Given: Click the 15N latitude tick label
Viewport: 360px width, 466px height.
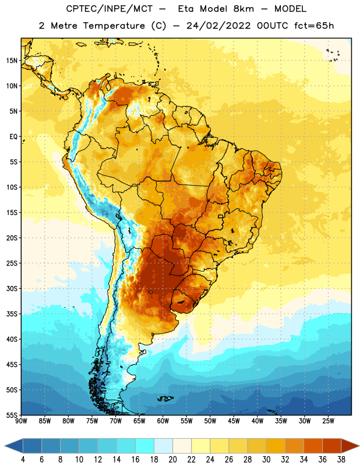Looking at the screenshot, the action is click(x=12, y=61).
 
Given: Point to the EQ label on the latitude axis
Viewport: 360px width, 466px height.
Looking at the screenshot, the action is click(x=13, y=137).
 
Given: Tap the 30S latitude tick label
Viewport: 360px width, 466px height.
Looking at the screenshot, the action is click(x=12, y=288).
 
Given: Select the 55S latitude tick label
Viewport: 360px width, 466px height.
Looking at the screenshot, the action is click(x=12, y=415).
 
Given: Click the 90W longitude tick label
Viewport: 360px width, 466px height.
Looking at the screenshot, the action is click(x=21, y=421).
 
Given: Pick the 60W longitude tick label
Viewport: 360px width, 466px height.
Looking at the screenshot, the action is click(x=163, y=421).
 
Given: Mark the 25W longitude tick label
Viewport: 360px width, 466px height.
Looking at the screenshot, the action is click(x=328, y=421).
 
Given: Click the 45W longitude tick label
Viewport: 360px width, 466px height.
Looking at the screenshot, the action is click(x=234, y=421).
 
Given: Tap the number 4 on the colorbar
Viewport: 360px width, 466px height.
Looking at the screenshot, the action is click(x=23, y=460).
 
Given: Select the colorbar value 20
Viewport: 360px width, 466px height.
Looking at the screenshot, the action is click(x=172, y=460).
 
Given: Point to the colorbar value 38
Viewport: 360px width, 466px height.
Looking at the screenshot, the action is click(x=341, y=460).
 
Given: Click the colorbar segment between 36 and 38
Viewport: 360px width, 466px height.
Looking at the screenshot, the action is click(x=332, y=446).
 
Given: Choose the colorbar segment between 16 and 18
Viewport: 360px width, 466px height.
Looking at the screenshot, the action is click(x=145, y=446).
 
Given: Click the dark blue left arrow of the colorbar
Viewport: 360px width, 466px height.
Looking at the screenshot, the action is click(x=13, y=446).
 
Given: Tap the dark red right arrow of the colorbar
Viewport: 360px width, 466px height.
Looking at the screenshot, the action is click(x=350, y=446).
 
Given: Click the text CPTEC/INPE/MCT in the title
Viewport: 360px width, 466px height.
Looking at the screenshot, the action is click(x=109, y=9).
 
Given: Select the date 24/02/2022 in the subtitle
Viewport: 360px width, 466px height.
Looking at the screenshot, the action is click(x=218, y=26).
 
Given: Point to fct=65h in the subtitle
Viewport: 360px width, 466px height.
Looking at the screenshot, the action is click(x=314, y=26).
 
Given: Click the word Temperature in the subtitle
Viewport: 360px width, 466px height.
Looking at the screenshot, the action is click(x=114, y=26).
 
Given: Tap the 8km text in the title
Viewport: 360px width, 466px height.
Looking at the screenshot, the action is click(x=243, y=9).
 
